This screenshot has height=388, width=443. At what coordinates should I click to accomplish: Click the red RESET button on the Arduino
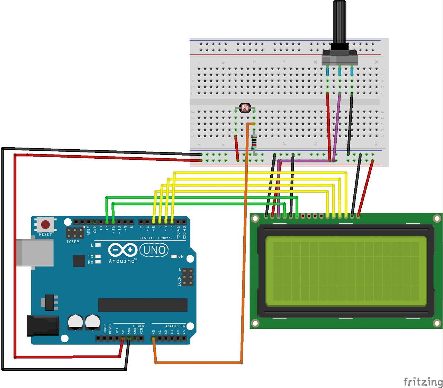click(45, 225)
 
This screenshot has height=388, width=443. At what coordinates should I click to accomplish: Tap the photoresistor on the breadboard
click(245, 108)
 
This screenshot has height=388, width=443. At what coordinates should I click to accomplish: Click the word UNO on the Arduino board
click(154, 250)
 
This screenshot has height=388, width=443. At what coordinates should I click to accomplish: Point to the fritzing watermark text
click(423, 381)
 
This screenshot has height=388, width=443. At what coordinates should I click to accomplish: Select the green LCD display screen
click(346, 271)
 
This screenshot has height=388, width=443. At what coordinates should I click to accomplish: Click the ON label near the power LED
click(181, 256)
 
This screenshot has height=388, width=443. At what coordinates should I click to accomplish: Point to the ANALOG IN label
click(175, 326)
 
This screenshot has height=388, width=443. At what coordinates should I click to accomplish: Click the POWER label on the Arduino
click(138, 326)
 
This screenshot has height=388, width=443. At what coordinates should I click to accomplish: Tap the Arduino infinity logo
click(122, 250)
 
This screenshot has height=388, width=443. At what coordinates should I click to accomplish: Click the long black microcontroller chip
click(143, 305)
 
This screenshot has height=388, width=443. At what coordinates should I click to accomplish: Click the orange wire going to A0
click(244, 242)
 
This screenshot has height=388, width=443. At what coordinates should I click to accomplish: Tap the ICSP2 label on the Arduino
click(72, 242)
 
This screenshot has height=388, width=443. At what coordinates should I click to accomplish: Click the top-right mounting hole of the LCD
click(437, 219)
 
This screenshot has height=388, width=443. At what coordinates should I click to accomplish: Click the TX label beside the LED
click(90, 256)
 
